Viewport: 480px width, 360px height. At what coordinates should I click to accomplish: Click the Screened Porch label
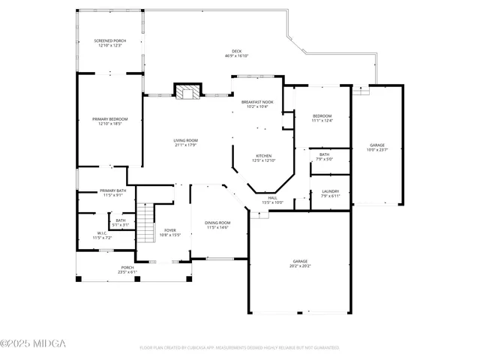tap(109, 43)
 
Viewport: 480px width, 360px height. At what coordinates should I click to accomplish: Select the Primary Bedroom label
tap(109, 121)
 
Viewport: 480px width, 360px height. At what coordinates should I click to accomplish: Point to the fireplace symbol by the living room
tap(188, 91)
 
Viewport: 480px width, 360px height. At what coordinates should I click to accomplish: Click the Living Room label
tap(185, 142)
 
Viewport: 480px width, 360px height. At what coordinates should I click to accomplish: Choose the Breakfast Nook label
tap(256, 104)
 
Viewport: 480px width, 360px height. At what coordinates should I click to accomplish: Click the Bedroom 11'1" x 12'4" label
tap(322, 118)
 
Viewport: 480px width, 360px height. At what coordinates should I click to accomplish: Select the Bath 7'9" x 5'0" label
tap(324, 156)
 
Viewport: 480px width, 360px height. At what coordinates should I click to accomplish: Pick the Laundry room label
tap(330, 193)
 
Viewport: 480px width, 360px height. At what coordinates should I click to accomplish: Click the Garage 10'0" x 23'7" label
tap(377, 147)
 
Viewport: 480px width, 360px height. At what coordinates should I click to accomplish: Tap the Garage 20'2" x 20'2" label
tap(300, 263)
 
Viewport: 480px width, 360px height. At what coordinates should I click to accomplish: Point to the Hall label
tap(272, 200)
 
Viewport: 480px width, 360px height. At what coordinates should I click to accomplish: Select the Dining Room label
tap(217, 225)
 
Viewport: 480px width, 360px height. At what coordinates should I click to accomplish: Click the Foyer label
tap(170, 232)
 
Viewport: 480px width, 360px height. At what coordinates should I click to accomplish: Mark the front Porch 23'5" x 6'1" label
tap(127, 270)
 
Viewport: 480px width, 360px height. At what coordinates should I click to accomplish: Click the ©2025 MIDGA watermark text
tap(33, 343)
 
